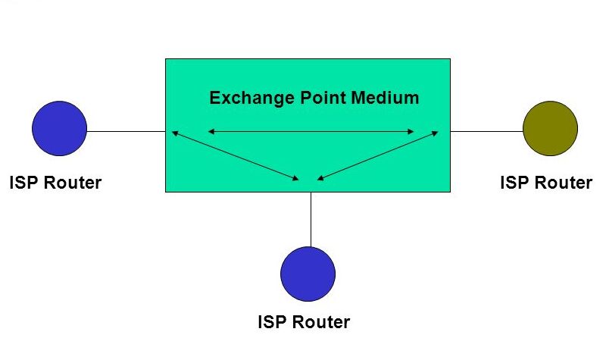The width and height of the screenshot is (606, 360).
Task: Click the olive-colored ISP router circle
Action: pyautogui.click(x=550, y=129)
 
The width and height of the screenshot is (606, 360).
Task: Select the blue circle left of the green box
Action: pyautogui.click(x=60, y=129)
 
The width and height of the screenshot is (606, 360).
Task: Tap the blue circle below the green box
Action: pyautogui.click(x=308, y=274)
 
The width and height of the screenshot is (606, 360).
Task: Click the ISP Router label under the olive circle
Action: pyautogui.click(x=546, y=183)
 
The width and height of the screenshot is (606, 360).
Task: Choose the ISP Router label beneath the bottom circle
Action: pyautogui.click(x=304, y=322)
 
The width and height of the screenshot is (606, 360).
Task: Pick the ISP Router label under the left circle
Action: pyautogui.click(x=55, y=183)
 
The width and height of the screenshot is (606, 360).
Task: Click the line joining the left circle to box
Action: pyautogui.click(x=126, y=131)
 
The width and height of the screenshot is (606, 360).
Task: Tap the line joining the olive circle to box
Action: pyautogui.click(x=486, y=131)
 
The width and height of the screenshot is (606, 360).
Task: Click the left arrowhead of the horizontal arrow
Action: pyautogui.click(x=211, y=132)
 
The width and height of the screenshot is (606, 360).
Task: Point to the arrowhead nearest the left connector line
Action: pyautogui.click(x=174, y=133)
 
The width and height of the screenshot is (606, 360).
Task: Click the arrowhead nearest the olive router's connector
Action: pyautogui.click(x=435, y=133)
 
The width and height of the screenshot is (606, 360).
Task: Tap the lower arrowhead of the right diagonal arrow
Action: pyautogui.click(x=320, y=179)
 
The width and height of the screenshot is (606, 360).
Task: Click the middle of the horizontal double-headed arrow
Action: pyautogui.click(x=311, y=132)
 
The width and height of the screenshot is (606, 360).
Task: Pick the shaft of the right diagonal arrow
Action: pyautogui.click(x=377, y=156)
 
